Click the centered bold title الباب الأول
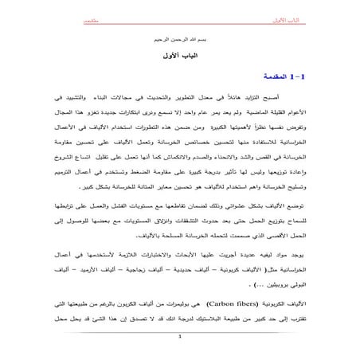coord(180,56)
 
